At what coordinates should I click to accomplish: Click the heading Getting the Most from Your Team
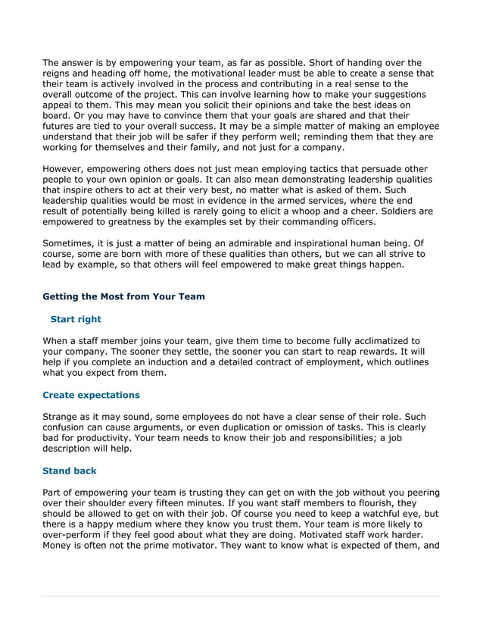(123, 296)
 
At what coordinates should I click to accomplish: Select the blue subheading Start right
(75, 319)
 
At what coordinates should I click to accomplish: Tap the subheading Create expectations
(91, 395)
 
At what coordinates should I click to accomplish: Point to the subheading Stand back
(69, 471)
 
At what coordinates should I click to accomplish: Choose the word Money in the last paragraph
(58, 545)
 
